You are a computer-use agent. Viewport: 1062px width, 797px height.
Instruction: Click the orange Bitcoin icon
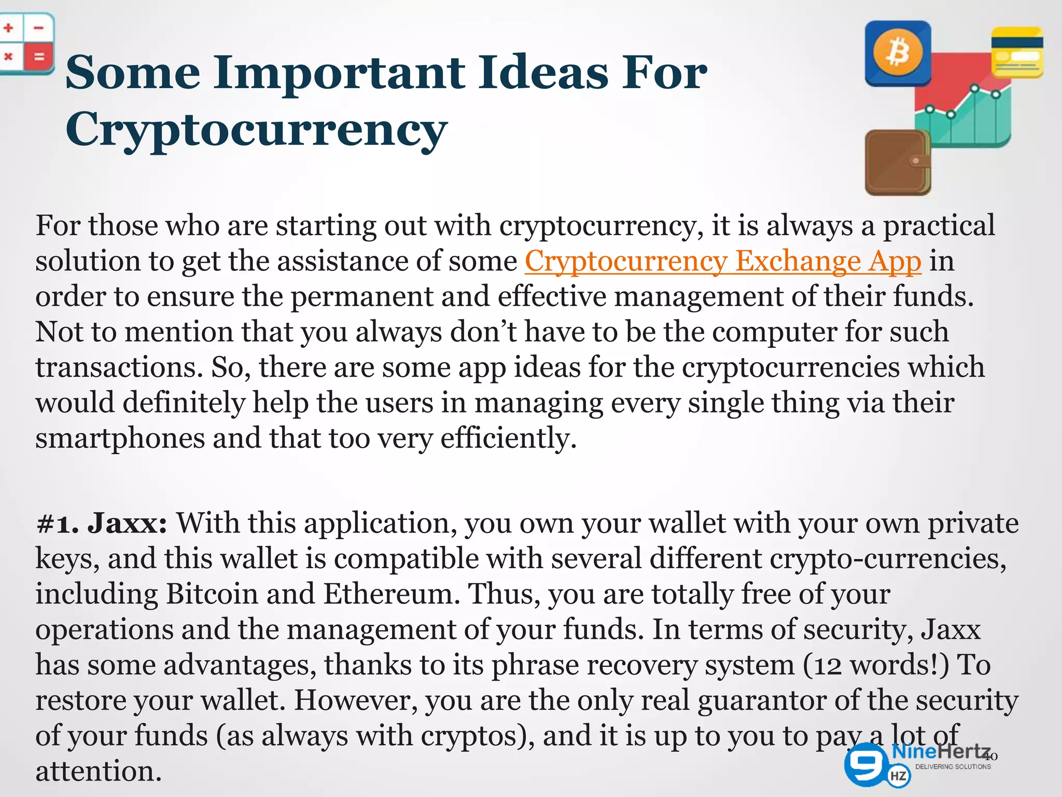pos(898,53)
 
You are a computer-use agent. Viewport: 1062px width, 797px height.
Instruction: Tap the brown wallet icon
pos(897,162)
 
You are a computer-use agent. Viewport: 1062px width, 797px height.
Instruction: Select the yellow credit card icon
pos(1017,52)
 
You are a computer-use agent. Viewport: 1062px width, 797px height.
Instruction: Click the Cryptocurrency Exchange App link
pos(723,261)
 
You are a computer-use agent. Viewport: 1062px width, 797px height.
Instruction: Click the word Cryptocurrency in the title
pos(256,129)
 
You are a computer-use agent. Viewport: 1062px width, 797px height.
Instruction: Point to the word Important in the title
pos(339,73)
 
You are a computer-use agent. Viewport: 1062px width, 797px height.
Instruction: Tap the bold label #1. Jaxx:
pos(102,523)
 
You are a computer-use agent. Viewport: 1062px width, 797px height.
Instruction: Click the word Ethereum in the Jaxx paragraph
pos(392,594)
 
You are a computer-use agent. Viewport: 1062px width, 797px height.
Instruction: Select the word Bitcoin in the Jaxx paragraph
pos(212,594)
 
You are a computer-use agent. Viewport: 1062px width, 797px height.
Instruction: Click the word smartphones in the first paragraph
pos(120,438)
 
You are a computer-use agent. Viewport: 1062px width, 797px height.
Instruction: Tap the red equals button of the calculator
pos(39,56)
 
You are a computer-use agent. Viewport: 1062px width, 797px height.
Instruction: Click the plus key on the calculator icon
pos(9,28)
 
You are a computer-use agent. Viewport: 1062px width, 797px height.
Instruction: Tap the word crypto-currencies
pos(888,559)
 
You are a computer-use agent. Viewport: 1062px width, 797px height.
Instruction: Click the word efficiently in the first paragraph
pos(508,438)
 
